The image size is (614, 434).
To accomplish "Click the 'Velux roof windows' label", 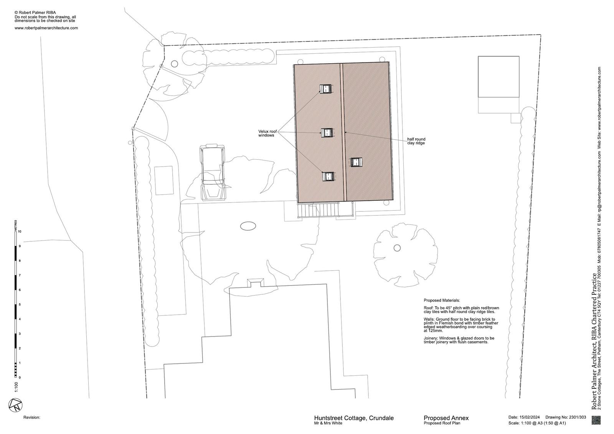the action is tap(267, 133).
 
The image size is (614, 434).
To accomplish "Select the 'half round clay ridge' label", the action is tap(416, 141).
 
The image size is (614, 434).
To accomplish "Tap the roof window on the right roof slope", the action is tap(357, 162).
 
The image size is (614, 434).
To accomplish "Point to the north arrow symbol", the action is tap(15, 405).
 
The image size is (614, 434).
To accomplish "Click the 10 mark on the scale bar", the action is tap(20, 231).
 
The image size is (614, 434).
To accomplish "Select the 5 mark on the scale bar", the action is tap(20, 305).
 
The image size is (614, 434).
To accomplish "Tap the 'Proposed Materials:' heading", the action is tap(442, 300).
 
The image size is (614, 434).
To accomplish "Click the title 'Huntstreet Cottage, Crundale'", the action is tap(353, 418).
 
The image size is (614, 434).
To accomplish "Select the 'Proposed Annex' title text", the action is tap(446, 418).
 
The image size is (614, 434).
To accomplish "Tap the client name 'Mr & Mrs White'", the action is tap(328, 423).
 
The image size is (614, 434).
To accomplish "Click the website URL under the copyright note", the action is tap(46, 28).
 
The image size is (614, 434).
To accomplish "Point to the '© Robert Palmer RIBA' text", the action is tap(35, 13).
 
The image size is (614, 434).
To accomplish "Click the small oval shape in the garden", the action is tap(248, 226).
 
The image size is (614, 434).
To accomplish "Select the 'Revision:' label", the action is tap(32, 417).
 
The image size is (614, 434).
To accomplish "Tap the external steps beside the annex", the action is tap(318, 210).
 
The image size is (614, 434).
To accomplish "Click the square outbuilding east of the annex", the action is tap(498, 77).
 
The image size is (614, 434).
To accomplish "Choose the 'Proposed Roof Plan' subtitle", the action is tap(442, 423).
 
